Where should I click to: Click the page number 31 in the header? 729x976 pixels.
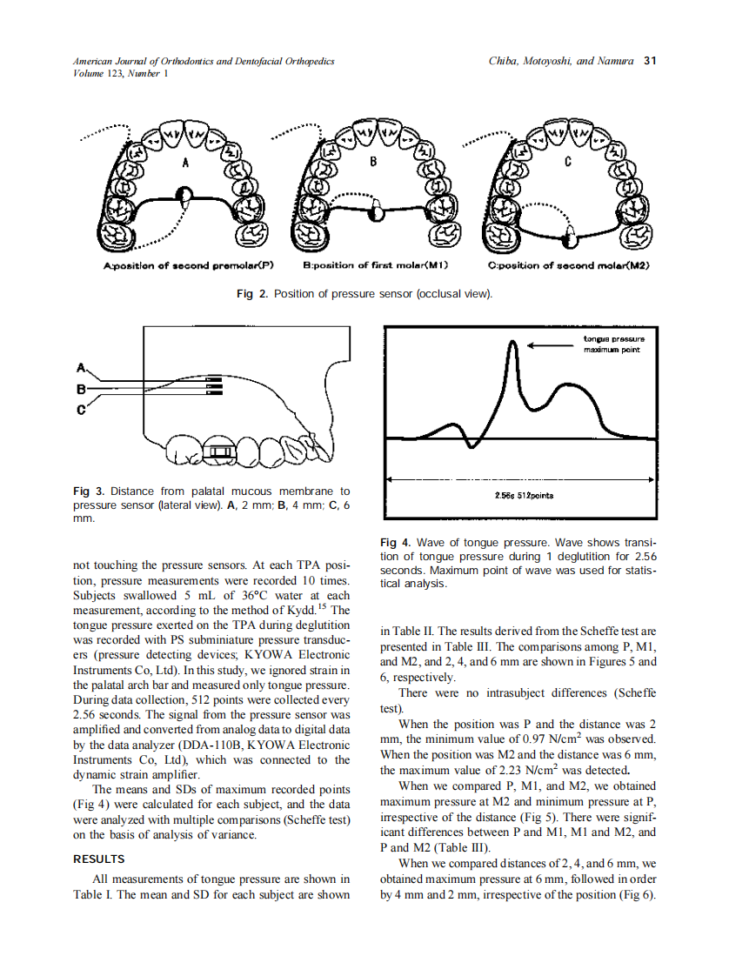point(648,62)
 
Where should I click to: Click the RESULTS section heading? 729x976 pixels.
point(99,859)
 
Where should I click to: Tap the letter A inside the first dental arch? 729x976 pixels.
point(185,163)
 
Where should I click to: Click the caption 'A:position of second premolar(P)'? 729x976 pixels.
point(183,265)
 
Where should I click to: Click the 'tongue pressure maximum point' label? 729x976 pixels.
point(613,344)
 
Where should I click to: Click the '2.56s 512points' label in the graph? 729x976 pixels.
point(518,495)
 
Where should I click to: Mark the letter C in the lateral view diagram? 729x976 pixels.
point(82,410)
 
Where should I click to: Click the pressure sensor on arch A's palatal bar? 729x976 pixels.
point(184,195)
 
